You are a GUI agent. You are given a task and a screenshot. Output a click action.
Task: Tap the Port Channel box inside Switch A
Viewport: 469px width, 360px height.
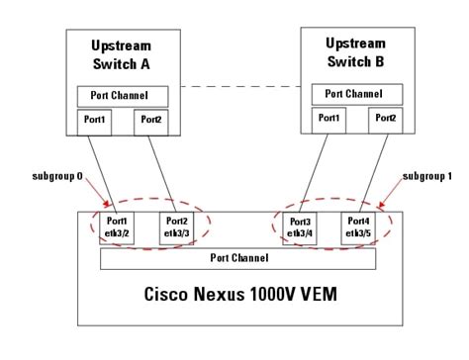point(123,97)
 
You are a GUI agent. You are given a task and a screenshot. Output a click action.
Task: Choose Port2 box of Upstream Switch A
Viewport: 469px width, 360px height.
point(149,121)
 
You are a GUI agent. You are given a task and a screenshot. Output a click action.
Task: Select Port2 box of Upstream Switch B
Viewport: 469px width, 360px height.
point(384,118)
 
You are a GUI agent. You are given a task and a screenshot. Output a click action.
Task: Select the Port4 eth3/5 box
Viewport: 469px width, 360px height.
point(358,225)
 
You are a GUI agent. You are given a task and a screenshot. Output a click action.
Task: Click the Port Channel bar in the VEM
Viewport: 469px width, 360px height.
point(237,257)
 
